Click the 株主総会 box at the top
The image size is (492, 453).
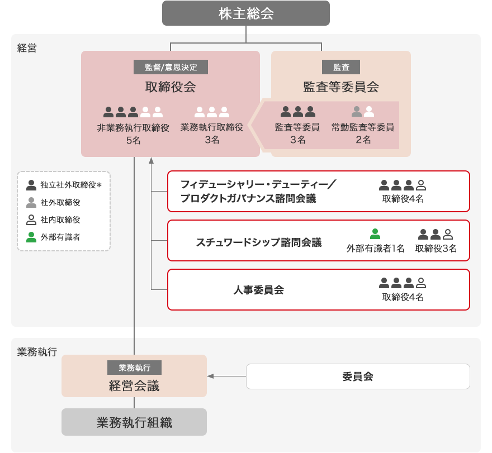pyautogui.click(x=246, y=13)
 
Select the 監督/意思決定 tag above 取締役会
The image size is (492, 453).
pyautogui.click(x=171, y=67)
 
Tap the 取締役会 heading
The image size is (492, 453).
pyautogui.click(x=171, y=87)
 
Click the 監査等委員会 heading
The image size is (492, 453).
pyautogui.click(x=341, y=87)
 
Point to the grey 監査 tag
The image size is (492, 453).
pyautogui.click(x=341, y=67)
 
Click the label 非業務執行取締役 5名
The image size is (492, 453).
pyautogui.click(x=133, y=133)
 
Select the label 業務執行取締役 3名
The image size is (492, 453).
pyautogui.click(x=212, y=133)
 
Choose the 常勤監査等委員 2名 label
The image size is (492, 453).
pyautogui.click(x=363, y=133)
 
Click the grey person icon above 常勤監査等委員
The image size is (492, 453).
pyautogui.click(x=357, y=112)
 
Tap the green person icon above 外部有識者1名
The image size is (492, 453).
pyautogui.click(x=375, y=234)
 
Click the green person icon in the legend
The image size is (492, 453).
pyautogui.click(x=31, y=237)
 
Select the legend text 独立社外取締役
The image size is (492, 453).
pyautogui.click(x=68, y=185)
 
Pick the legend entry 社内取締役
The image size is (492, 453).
pyautogui.click(x=60, y=220)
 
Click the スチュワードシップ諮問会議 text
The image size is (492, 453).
pyautogui.click(x=258, y=242)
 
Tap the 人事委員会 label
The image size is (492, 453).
pyautogui.click(x=258, y=290)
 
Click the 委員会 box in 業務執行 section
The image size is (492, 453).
pyautogui.click(x=358, y=376)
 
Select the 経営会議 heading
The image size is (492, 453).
pyautogui.click(x=134, y=385)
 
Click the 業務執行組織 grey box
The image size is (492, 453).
pyautogui.click(x=134, y=422)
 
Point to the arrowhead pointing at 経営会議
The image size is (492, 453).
pyautogui.click(x=210, y=376)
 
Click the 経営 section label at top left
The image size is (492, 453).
pyautogui.click(x=27, y=48)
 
